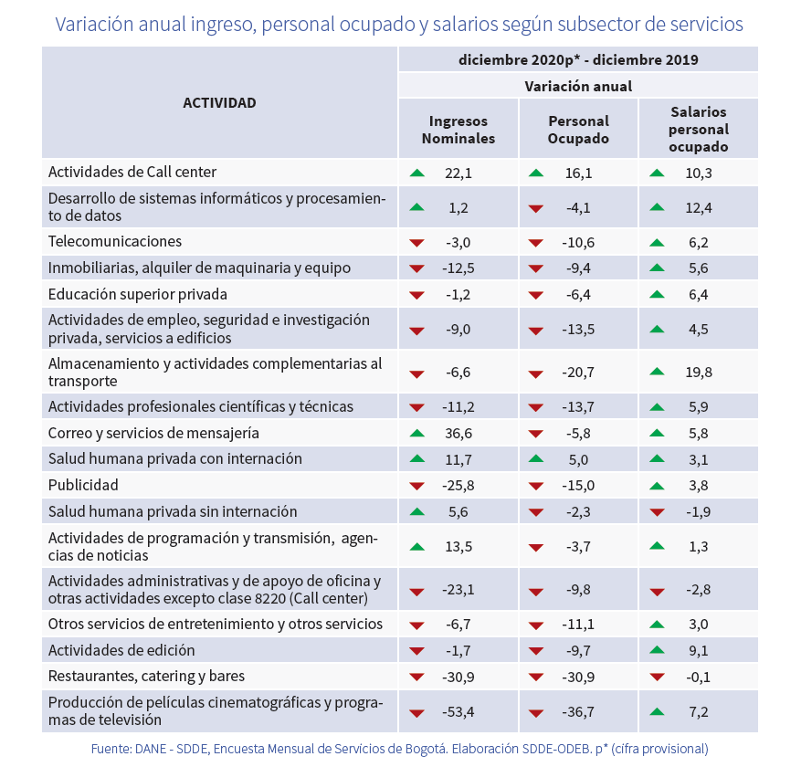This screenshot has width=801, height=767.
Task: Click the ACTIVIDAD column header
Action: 219,103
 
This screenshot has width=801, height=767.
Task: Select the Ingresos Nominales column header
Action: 458,130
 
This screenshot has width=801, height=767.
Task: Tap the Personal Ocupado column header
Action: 578,130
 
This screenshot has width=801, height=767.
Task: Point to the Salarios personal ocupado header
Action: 698,129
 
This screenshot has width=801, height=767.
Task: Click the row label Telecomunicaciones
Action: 115,242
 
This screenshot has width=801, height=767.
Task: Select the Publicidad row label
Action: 83,485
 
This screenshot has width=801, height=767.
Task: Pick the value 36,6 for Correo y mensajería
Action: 458,433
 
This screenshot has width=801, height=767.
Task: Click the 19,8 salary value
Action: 699,372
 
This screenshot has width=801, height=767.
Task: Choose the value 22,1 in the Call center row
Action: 458,172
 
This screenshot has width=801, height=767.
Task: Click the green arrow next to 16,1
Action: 536,172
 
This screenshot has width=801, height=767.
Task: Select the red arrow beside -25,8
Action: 417,486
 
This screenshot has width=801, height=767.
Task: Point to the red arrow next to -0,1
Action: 656,678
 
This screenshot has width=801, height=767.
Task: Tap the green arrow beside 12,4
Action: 656,207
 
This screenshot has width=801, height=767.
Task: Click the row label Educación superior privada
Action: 137,294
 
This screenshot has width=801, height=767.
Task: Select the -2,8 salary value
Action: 699,590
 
